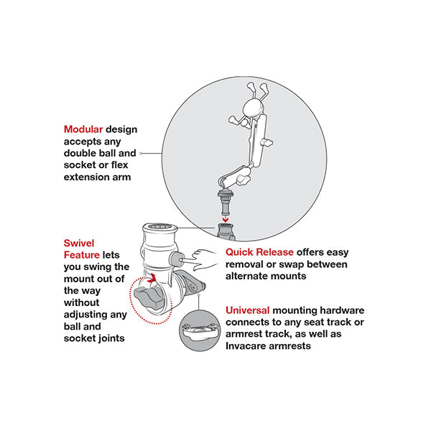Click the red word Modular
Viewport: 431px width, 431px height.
(x=83, y=129)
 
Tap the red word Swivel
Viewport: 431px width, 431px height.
(x=79, y=243)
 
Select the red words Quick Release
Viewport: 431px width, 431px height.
(x=259, y=252)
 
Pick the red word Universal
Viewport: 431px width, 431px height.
(x=247, y=310)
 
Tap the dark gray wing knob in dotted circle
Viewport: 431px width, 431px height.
(x=149, y=298)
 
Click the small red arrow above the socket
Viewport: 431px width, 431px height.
(x=226, y=219)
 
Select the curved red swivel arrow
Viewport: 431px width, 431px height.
(x=152, y=278)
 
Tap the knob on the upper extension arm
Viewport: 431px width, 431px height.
(x=267, y=142)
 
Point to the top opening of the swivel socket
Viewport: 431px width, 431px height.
(x=160, y=226)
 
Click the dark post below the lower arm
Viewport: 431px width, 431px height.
(x=226, y=203)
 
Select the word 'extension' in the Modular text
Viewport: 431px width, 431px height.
(x=84, y=177)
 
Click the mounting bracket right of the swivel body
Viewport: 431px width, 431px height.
(x=190, y=284)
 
